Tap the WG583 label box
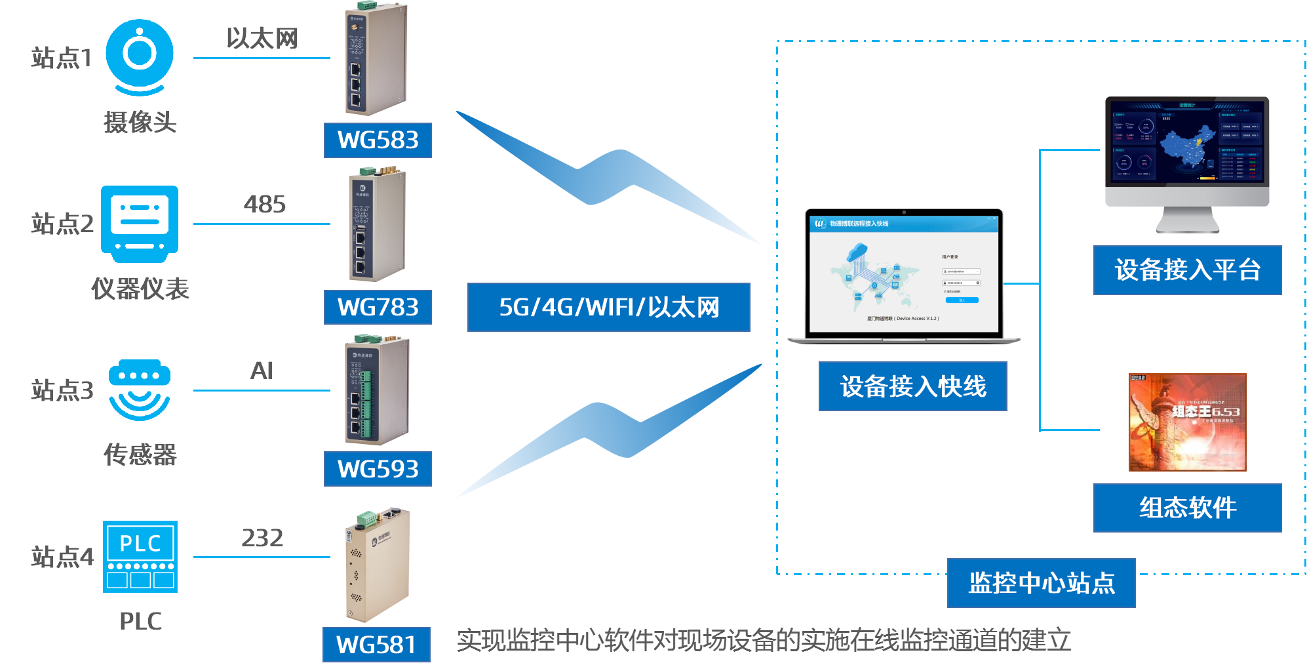click(x=378, y=140)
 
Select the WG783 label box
click(x=378, y=307)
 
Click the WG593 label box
click(x=378, y=469)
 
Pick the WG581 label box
click(x=376, y=645)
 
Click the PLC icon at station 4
click(x=140, y=557)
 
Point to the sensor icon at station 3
click(x=140, y=390)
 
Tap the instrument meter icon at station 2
click(x=140, y=224)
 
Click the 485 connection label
click(x=265, y=204)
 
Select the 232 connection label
click(x=262, y=538)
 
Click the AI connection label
click(x=262, y=371)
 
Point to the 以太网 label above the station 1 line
click(x=262, y=38)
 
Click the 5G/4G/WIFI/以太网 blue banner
click(x=608, y=307)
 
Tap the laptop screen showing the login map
click(x=903, y=274)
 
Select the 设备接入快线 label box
click(x=912, y=386)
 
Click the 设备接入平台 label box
click(x=1187, y=270)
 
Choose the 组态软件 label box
click(x=1187, y=508)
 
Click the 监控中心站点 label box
click(x=1041, y=582)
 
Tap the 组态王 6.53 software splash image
click(x=1187, y=422)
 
